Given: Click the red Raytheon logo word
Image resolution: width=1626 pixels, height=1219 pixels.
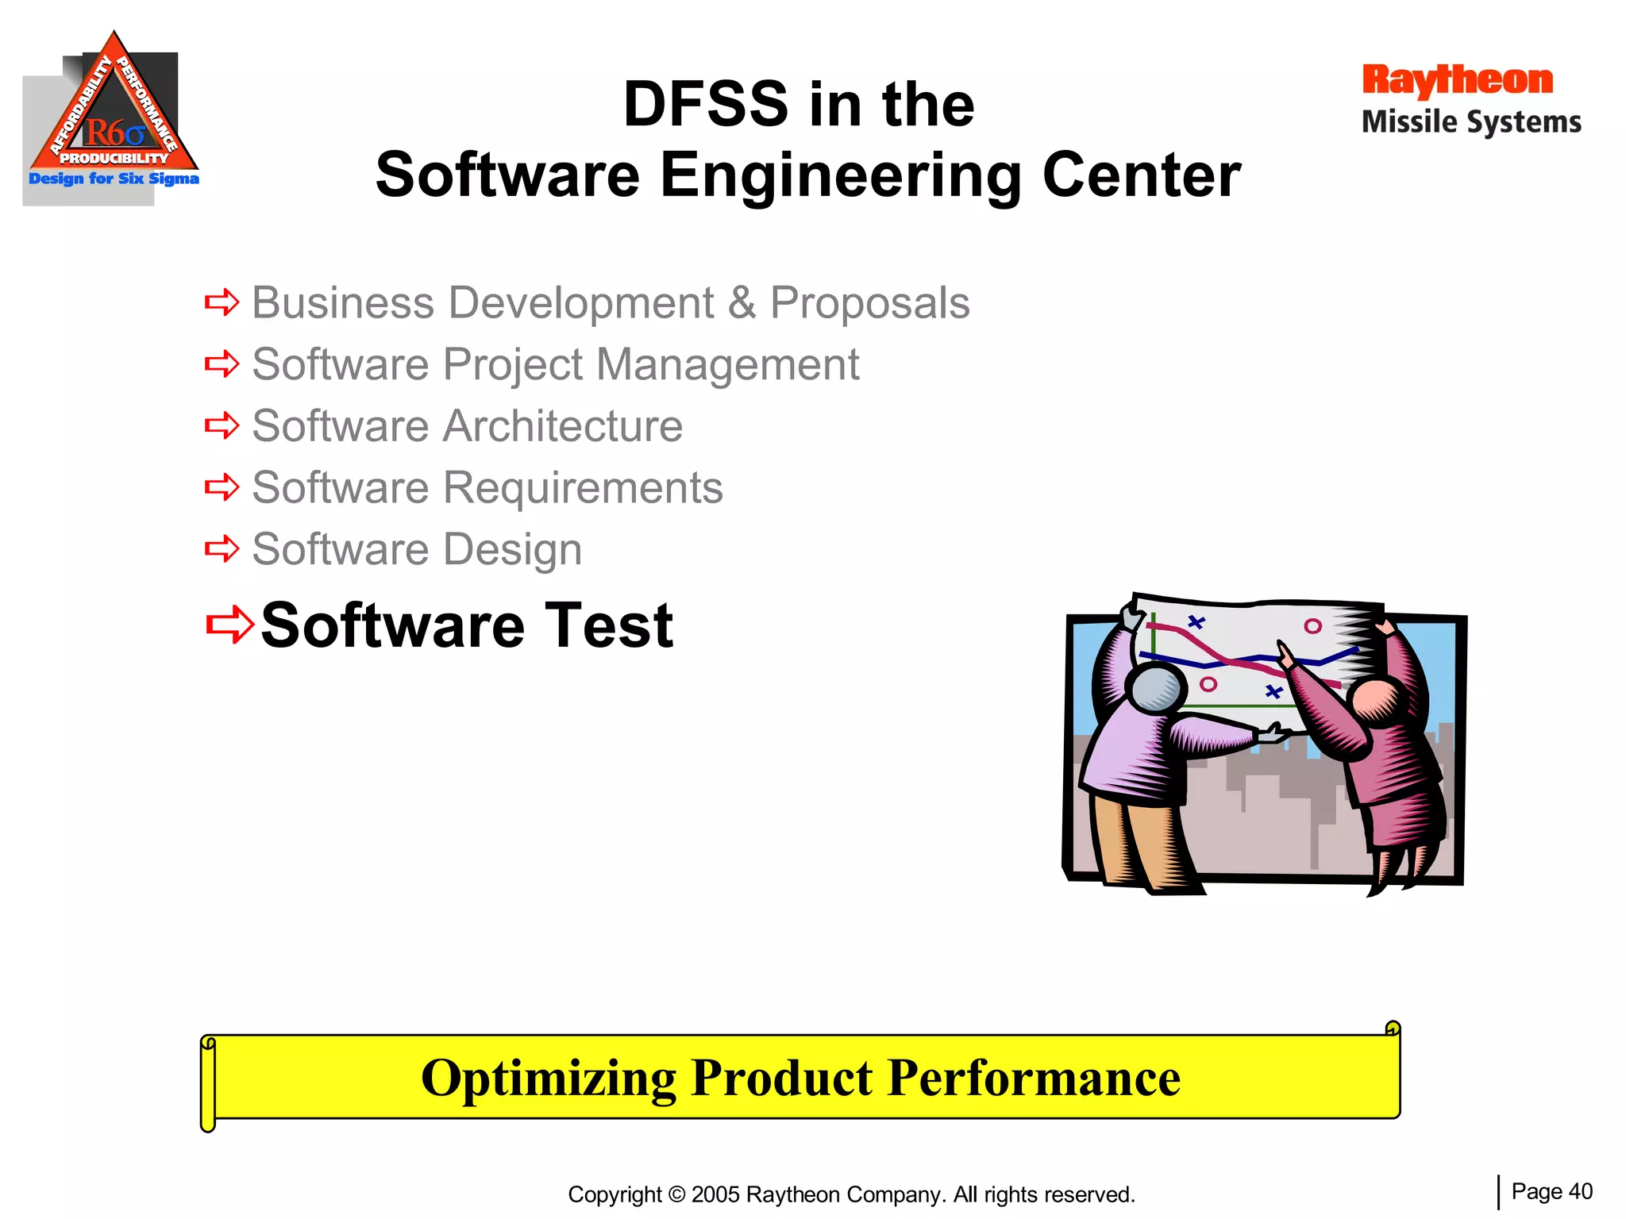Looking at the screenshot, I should click(1457, 81).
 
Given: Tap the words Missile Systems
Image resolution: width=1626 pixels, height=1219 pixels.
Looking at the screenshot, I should click(1471, 122).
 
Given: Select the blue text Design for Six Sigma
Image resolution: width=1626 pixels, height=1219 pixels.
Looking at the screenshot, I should click(114, 179).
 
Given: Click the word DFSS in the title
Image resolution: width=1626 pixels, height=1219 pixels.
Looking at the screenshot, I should click(705, 105).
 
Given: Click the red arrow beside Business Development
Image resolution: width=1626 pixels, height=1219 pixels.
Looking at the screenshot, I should click(222, 302).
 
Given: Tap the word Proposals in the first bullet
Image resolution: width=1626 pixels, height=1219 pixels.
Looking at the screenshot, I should click(869, 303).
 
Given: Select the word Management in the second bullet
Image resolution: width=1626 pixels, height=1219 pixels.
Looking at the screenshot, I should click(727, 365).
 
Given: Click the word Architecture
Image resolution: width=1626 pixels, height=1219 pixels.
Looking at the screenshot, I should click(562, 426).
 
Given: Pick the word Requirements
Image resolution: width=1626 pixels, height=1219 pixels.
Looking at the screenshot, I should click(583, 487).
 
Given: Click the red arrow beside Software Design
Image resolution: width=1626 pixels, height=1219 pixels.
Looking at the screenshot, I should click(222, 548).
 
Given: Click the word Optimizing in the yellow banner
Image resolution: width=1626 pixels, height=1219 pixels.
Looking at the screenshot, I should click(548, 1078).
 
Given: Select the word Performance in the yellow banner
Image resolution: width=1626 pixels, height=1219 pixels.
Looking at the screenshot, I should click(1034, 1078).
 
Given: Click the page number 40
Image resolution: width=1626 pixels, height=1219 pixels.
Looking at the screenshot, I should click(1580, 1191).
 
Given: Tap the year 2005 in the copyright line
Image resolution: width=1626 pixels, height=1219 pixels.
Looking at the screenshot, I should click(715, 1194).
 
